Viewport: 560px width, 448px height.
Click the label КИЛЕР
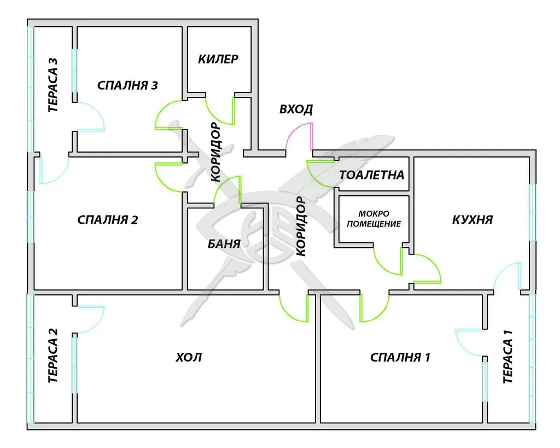pyautogui.click(x=218, y=59)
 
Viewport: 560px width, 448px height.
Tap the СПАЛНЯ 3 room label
pyautogui.click(x=128, y=85)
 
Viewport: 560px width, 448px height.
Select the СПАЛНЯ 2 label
pyautogui.click(x=108, y=220)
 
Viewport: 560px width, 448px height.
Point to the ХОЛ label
pyautogui.click(x=189, y=357)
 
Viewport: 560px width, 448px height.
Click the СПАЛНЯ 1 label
pyautogui.click(x=400, y=358)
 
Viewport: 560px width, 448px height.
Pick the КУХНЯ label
pyautogui.click(x=472, y=220)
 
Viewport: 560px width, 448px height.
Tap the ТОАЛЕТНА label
pyautogui.click(x=372, y=175)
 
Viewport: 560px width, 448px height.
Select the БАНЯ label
pyautogui.click(x=224, y=244)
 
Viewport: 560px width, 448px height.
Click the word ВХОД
pyautogui.click(x=296, y=109)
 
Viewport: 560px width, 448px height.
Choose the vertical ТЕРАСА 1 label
pyautogui.click(x=508, y=361)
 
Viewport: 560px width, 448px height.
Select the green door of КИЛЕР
pyautogui.click(x=221, y=112)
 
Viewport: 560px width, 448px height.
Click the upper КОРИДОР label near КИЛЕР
pyautogui.click(x=215, y=153)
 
